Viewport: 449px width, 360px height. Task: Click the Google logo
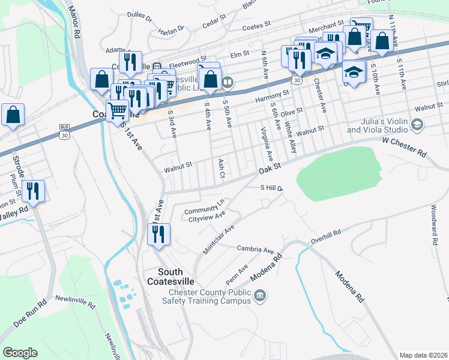click(x=20, y=353)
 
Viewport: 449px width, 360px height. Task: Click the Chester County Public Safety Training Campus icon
click(x=260, y=295)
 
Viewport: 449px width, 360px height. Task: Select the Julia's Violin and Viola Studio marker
click(x=418, y=124)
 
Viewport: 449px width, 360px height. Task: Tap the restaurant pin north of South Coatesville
click(x=159, y=234)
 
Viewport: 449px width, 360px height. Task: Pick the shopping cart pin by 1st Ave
click(x=117, y=110)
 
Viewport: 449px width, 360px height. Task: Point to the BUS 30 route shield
click(x=65, y=131)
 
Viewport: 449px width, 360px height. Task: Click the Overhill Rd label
click(x=325, y=236)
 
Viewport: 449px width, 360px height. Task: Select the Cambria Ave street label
click(x=255, y=249)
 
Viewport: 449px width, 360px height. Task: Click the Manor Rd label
click(x=75, y=23)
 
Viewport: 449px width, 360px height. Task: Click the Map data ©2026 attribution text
click(x=423, y=355)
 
